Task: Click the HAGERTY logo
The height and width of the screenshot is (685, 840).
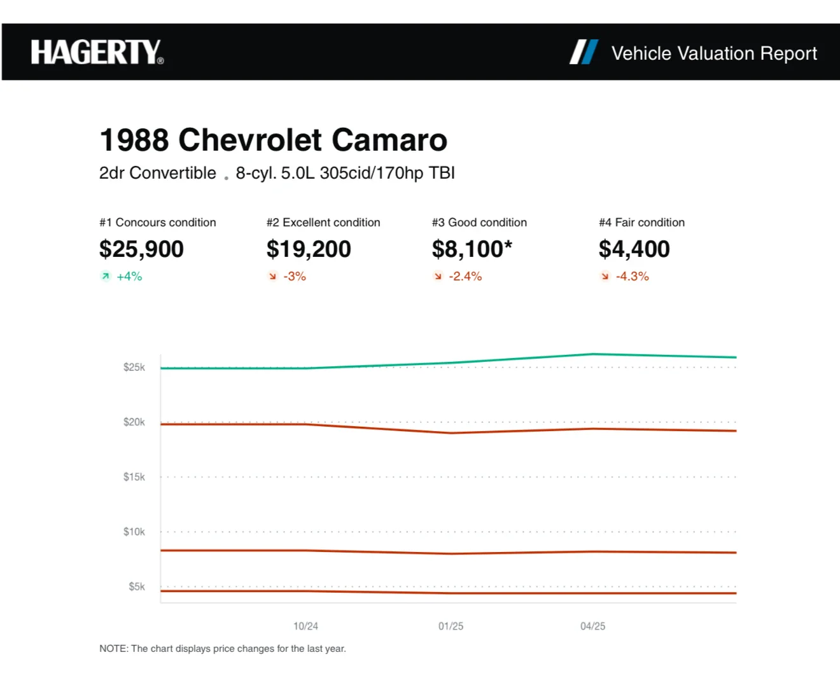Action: click(x=97, y=52)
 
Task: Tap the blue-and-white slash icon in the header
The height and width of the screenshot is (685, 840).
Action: click(x=584, y=52)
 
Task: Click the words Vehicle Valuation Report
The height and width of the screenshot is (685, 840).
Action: click(x=714, y=53)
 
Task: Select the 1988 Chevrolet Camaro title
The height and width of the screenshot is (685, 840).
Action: click(x=273, y=140)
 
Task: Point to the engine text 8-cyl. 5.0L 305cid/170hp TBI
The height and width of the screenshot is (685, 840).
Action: click(x=345, y=173)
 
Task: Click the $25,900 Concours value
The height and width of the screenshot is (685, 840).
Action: click(x=141, y=249)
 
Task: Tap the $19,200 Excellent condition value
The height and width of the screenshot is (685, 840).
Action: click(x=309, y=249)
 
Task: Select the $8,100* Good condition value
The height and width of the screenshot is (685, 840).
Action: click(x=472, y=249)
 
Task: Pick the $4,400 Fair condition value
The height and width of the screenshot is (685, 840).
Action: click(x=634, y=249)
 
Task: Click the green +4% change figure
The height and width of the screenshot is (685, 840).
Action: click(x=129, y=277)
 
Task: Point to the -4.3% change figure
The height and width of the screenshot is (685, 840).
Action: click(x=632, y=277)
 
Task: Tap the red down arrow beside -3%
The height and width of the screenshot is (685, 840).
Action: click(x=272, y=277)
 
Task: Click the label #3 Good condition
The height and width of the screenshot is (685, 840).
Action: click(x=479, y=223)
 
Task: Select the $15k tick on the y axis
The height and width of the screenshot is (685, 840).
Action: click(x=134, y=477)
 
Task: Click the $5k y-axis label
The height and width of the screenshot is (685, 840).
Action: click(x=137, y=586)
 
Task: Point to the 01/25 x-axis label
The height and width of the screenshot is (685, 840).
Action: click(x=451, y=626)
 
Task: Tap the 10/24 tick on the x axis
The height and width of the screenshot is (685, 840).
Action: click(x=305, y=626)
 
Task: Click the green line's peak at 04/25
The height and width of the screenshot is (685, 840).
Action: click(x=593, y=354)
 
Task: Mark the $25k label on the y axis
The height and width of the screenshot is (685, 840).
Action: click(x=134, y=368)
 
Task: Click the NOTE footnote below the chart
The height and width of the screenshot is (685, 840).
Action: click(x=223, y=649)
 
